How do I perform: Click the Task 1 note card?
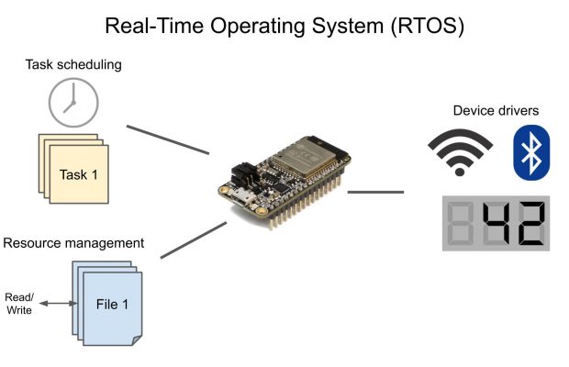[78, 173]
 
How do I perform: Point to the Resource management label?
[73, 243]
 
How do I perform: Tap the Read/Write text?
[19, 304]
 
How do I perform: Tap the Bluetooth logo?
[530, 152]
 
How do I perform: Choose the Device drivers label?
[496, 111]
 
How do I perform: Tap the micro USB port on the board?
[240, 196]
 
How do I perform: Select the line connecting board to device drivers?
[376, 193]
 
